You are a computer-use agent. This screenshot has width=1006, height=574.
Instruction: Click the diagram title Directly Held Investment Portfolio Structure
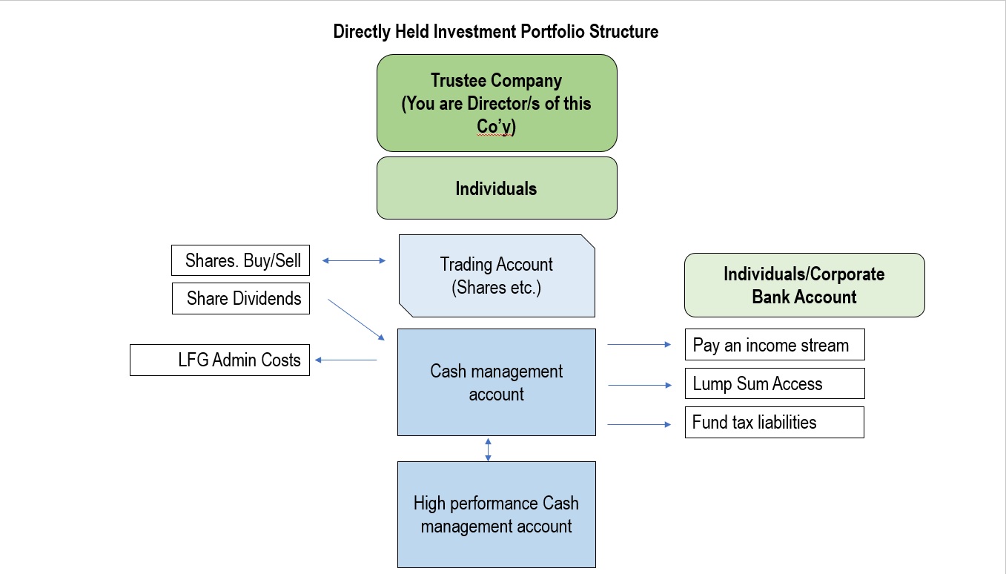tap(496, 31)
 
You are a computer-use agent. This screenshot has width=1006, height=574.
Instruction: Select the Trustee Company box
tap(497, 103)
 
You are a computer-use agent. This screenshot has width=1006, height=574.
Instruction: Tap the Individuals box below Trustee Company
tap(497, 188)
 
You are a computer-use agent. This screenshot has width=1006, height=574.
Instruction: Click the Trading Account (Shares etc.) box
tap(497, 276)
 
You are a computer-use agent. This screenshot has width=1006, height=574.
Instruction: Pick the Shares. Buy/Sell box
tap(240, 260)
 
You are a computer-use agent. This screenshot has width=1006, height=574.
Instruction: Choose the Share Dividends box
tap(241, 298)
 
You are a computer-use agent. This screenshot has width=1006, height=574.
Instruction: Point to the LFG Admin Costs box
tap(219, 360)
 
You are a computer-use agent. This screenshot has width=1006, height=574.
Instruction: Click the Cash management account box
tap(497, 382)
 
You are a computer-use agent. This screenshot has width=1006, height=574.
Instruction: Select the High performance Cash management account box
tap(497, 515)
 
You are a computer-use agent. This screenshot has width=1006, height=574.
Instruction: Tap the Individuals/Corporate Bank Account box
tap(804, 286)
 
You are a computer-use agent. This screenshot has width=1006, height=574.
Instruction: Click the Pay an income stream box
tap(775, 345)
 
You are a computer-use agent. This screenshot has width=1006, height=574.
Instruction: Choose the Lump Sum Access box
tap(775, 383)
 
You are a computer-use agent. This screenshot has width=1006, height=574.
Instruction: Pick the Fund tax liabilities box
tap(774, 422)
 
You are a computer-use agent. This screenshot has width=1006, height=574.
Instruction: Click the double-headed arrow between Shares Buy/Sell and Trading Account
tap(354, 260)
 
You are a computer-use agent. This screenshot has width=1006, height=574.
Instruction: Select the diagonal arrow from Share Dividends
tap(356, 320)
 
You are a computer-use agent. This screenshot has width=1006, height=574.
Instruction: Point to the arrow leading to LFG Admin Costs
tap(345, 360)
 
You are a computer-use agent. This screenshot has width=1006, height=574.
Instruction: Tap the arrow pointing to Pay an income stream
tap(639, 345)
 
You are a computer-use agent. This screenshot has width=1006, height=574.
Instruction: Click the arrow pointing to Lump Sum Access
tap(640, 385)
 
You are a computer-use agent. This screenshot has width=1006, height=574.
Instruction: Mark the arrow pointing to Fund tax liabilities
tap(639, 424)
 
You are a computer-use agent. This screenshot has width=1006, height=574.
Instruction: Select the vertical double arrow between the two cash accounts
tap(489, 449)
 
